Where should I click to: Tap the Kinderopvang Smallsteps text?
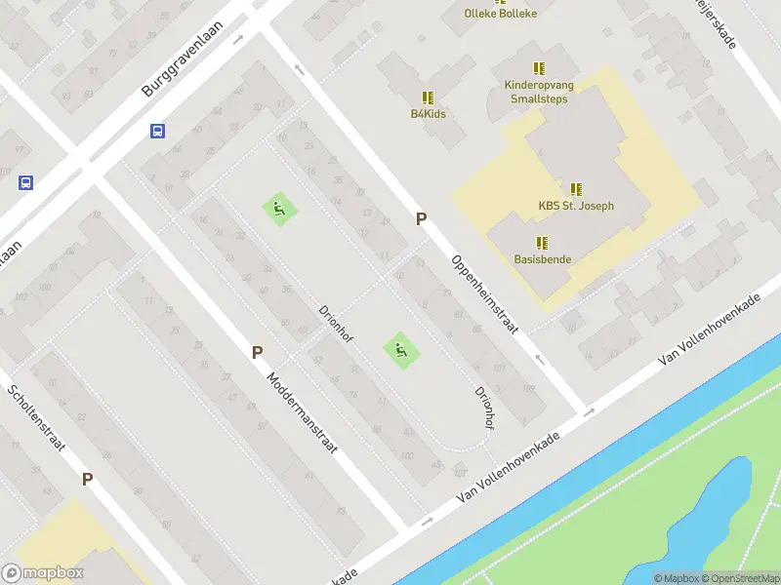point(540,92)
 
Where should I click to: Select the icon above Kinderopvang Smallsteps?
point(539,68)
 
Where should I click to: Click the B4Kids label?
point(428,114)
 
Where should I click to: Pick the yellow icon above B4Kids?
point(428,97)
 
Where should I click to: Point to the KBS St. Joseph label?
point(576,206)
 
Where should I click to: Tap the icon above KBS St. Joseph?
point(576,189)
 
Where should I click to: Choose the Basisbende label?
point(543,259)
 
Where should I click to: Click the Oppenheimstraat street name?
point(483,294)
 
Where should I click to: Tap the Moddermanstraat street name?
point(303,410)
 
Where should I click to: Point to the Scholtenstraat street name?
point(38,420)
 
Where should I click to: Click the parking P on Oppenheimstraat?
point(421,219)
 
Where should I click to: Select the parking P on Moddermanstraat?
point(257,353)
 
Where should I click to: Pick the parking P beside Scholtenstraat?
point(87,479)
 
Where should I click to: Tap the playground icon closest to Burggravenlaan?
point(278,207)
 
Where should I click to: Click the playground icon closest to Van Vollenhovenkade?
point(399,348)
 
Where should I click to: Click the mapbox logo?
point(43,573)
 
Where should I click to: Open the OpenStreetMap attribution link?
point(740,578)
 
